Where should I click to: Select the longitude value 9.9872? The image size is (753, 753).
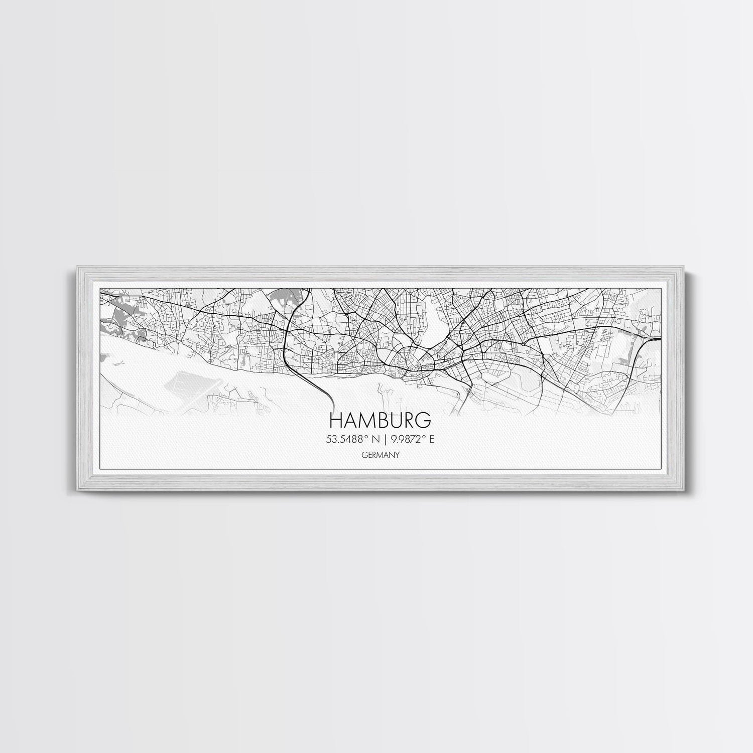[x=405, y=439]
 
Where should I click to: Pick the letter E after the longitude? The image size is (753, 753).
[x=431, y=439]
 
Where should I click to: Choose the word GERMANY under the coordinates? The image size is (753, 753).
[x=380, y=454]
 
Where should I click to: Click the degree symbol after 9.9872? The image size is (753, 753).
[x=423, y=437]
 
